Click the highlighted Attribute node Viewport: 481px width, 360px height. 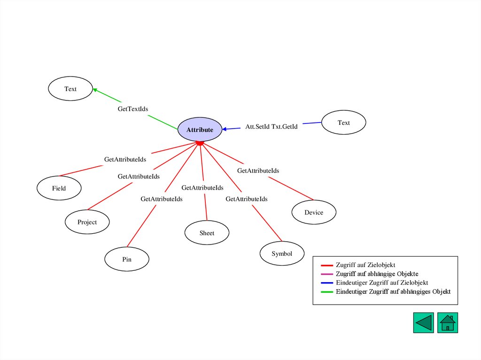(x=200, y=130)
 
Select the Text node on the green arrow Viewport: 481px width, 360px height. (x=70, y=89)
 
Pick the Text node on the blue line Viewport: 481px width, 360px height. (x=343, y=123)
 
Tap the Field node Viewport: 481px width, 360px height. (x=59, y=188)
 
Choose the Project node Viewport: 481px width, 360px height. (x=87, y=222)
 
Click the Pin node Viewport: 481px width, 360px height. (x=127, y=259)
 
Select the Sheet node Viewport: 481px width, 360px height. (x=207, y=233)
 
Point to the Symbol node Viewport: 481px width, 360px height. (x=282, y=253)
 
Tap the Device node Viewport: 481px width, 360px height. (x=314, y=212)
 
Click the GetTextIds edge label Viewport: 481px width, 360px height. (x=132, y=109)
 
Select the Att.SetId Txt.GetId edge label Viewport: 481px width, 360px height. (x=272, y=127)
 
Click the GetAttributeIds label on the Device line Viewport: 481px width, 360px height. (x=258, y=171)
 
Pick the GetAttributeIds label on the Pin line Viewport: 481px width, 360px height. (x=162, y=199)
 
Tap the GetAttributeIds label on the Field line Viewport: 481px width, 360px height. (x=125, y=160)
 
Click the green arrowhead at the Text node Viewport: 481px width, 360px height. (x=95, y=90)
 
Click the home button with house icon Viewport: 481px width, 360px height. (x=447, y=323)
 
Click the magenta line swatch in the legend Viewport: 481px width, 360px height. (x=327, y=274)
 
